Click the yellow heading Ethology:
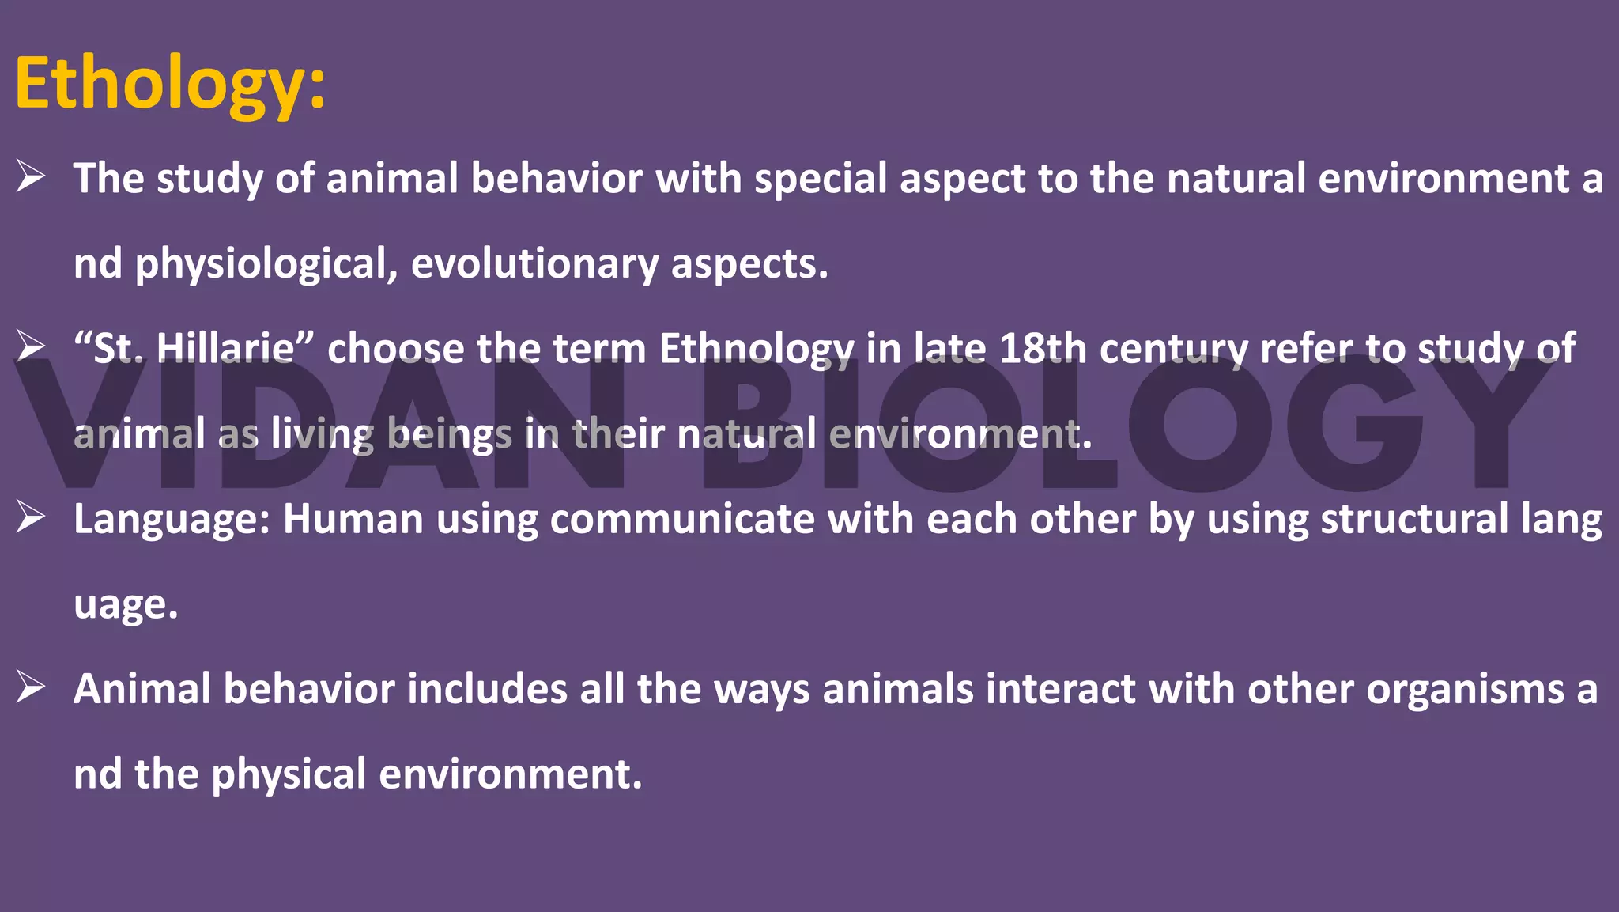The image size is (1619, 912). click(170, 84)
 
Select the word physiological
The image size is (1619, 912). click(266, 264)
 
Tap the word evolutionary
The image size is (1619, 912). click(534, 264)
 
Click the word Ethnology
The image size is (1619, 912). click(756, 349)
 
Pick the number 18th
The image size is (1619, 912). click(1043, 348)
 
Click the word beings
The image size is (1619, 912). click(450, 434)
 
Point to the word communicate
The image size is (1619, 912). click(682, 519)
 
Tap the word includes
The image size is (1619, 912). click(487, 689)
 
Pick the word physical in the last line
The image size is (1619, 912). click(289, 774)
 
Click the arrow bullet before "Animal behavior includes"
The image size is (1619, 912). click(31, 687)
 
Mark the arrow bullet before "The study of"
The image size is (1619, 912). click(31, 176)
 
